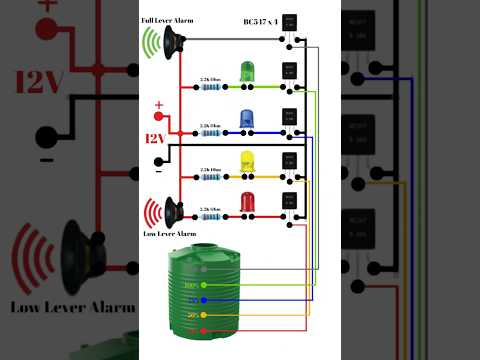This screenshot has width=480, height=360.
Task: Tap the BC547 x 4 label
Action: (261, 21)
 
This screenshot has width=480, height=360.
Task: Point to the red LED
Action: (246, 202)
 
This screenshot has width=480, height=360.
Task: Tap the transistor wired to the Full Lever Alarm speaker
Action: (290, 22)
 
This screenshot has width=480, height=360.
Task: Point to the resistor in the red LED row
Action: (210, 215)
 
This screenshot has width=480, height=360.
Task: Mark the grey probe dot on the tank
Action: (204, 269)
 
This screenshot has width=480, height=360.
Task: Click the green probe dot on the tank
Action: (204, 285)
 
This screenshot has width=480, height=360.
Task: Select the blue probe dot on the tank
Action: (204, 299)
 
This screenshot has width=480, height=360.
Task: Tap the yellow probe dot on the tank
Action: (204, 314)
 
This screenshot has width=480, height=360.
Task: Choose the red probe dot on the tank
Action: (204, 329)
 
